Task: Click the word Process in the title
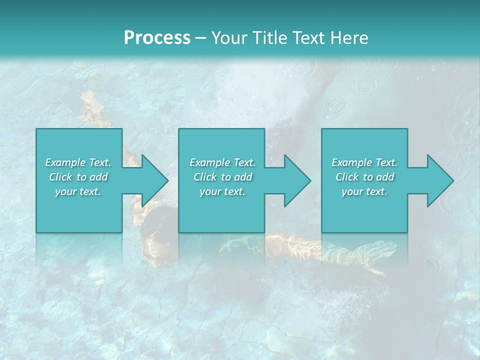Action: click(157, 38)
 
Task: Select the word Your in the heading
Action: click(229, 38)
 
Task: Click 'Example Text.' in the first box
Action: click(78, 162)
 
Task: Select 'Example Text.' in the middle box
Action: click(222, 162)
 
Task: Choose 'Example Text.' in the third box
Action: click(364, 162)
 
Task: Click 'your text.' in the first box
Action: click(78, 191)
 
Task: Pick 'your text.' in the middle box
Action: click(222, 191)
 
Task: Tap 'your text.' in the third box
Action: click(364, 191)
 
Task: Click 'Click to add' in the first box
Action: click(78, 177)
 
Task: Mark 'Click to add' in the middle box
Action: click(222, 177)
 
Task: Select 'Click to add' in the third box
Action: click(364, 177)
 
